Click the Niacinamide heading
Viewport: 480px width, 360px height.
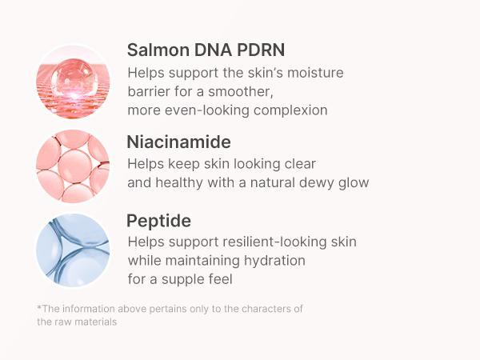tap(178, 142)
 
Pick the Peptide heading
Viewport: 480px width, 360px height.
tap(158, 220)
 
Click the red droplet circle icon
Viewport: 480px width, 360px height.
tap(73, 82)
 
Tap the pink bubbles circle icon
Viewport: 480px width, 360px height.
tap(73, 166)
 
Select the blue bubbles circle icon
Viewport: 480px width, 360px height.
tap(73, 250)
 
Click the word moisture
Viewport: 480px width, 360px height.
tap(315, 73)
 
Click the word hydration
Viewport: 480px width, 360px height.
tap(272, 260)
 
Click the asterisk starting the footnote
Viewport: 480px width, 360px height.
tap(38, 308)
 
